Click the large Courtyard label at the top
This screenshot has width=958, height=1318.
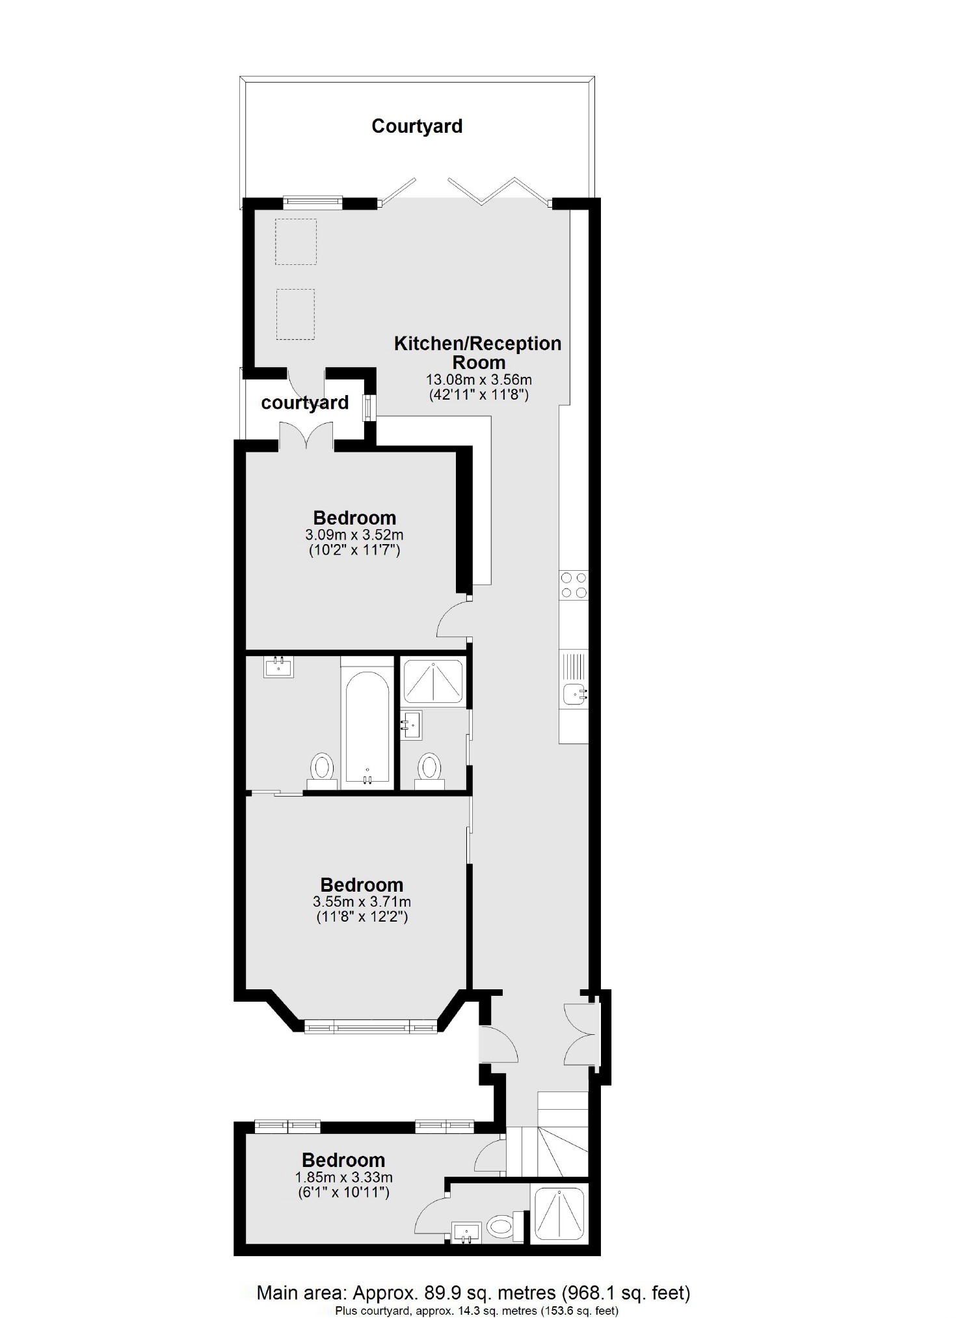416,126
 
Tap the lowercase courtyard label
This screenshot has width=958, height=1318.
304,403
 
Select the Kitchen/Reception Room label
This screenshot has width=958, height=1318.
478,352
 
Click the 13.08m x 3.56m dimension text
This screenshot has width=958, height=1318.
479,379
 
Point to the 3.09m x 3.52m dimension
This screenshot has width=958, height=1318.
354,535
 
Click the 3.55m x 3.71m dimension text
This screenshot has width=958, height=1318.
362,902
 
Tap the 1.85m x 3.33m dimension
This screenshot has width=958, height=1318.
343,1177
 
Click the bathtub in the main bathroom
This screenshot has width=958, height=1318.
367,724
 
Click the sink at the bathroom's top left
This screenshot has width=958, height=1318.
279,667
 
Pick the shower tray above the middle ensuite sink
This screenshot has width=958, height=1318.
432,681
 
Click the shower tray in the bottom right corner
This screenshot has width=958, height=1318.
560,1213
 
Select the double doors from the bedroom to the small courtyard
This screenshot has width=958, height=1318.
306,435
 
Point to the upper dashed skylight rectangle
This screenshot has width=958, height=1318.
296,241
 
